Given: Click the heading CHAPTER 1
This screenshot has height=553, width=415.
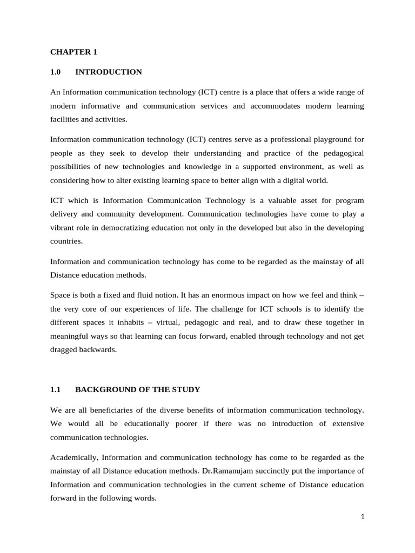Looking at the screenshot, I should tap(73, 52).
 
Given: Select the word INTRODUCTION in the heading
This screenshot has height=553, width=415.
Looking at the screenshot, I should tap(109, 72).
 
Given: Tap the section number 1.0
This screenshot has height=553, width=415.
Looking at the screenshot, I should tap(56, 72).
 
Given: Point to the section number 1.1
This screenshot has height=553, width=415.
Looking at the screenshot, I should tap(56, 389).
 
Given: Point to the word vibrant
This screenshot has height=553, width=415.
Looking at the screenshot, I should tap(62, 228).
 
